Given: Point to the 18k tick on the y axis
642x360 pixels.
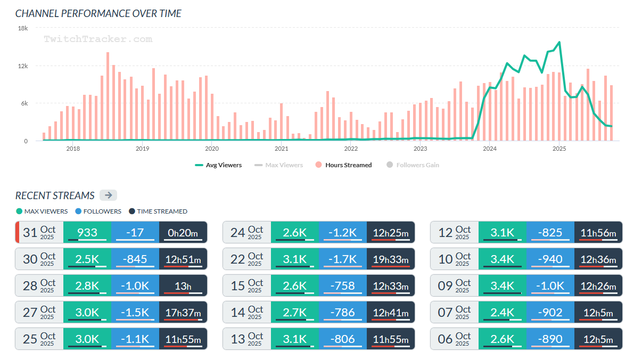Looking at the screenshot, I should [22, 28].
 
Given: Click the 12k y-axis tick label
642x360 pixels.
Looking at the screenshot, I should [22, 66].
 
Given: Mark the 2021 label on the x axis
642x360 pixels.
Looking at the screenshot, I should [281, 149].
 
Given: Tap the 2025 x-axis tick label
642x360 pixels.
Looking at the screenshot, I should [559, 149].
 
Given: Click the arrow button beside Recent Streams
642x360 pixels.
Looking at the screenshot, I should [108, 195].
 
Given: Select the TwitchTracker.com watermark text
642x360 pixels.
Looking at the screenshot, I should [98, 39].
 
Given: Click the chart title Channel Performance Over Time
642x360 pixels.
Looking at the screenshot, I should [98, 13].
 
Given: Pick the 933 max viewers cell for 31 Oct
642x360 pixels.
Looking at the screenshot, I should [87, 232].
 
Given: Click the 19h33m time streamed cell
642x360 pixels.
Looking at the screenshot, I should [391, 259].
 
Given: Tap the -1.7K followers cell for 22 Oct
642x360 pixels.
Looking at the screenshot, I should [343, 259].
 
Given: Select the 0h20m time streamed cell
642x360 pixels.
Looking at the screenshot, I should [183, 232].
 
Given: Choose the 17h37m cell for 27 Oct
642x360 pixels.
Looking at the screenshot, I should [183, 312].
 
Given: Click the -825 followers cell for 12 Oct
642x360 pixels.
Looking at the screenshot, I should [550, 232].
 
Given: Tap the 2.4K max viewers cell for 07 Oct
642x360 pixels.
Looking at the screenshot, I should [503, 312].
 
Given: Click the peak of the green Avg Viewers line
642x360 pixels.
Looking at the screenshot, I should [559, 42].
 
